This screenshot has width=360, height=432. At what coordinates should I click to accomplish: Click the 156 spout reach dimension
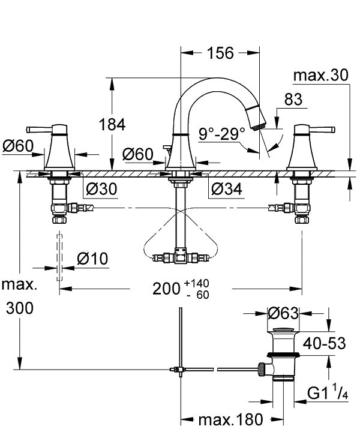[220, 53]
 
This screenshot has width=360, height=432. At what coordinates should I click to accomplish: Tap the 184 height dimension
[112, 125]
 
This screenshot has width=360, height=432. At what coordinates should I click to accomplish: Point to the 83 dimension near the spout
[293, 100]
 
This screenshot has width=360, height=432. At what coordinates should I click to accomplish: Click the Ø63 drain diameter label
[283, 313]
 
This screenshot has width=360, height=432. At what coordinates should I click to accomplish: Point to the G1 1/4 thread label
[327, 393]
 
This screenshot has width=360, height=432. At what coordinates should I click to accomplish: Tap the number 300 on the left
[20, 308]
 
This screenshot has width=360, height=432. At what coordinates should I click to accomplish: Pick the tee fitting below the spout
[178, 257]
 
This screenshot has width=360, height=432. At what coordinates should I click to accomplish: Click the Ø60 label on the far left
[19, 145]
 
